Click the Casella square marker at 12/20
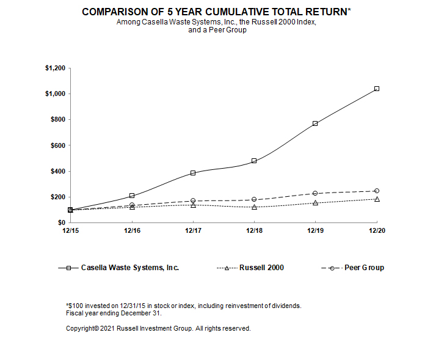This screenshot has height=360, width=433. [377, 89]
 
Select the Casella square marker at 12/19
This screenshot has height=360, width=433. [315, 123]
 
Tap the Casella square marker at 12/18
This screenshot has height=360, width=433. [254, 161]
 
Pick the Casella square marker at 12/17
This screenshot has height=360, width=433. [193, 173]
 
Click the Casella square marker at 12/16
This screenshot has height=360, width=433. [132, 196]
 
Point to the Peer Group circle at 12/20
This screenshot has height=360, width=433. [377, 191]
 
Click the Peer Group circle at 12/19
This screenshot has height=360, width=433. [315, 193]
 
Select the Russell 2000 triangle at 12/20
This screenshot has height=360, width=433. [377, 199]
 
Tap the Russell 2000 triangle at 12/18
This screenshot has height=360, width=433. [254, 207]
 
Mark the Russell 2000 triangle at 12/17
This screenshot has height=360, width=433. [193, 205]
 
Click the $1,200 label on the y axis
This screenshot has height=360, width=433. [54, 68]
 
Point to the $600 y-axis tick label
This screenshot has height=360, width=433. [57, 145]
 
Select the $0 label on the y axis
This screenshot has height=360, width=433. [61, 222]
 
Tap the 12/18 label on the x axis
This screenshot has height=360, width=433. [254, 231]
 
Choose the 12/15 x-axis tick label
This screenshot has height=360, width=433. [70, 231]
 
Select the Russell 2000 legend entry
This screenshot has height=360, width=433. [261, 268]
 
